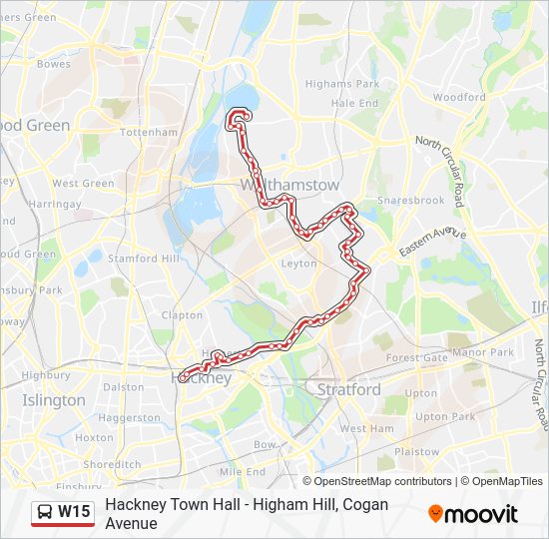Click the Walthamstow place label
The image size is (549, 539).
pyautogui.click(x=290, y=186)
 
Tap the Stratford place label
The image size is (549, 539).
pyautogui.click(x=348, y=389)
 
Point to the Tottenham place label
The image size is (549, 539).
pyautogui.click(x=148, y=132)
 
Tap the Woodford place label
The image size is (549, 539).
pyautogui.click(x=459, y=98)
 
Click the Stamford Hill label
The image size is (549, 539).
pyautogui.click(x=147, y=258)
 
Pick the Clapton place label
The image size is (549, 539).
pyautogui.click(x=182, y=314)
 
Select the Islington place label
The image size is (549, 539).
pyautogui.click(x=54, y=400)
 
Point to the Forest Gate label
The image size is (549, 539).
pyautogui.click(x=417, y=357)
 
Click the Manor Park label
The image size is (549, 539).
pyautogui.click(x=482, y=352)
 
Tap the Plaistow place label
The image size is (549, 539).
pyautogui.click(x=416, y=451)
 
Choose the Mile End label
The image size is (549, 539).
pyautogui.click(x=242, y=471)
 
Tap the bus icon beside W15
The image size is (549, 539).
pyautogui.click(x=45, y=512)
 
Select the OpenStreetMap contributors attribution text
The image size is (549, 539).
pyautogui.click(x=383, y=481)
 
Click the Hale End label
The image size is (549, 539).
pyautogui.click(x=354, y=103)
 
